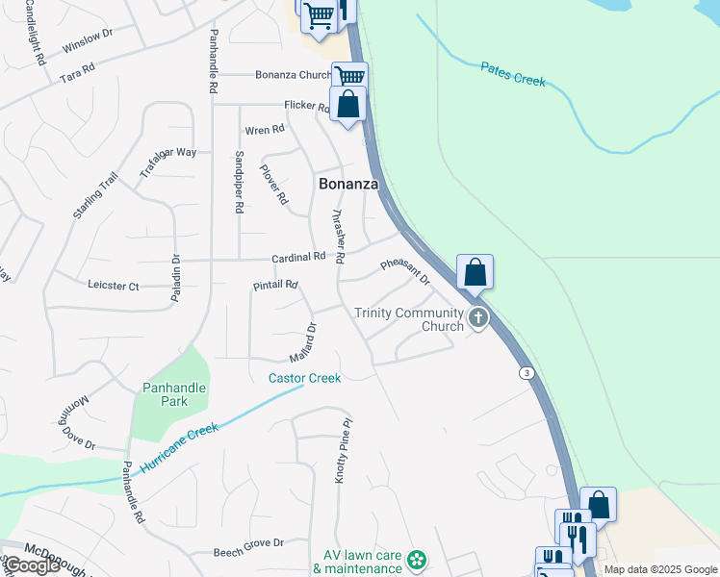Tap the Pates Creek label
[513, 74]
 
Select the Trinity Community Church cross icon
[477, 318]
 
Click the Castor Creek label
[304, 378]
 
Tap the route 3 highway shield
[527, 372]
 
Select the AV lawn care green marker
[417, 559]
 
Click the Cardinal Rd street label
[299, 258]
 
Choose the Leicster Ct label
[114, 286]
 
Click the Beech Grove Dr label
[248, 543]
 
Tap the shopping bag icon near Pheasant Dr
[475, 272]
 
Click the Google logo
[32, 566]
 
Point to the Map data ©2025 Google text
[659, 569]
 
